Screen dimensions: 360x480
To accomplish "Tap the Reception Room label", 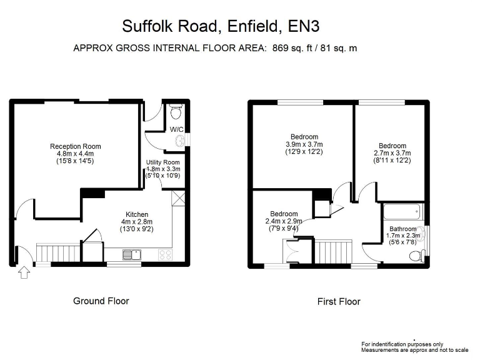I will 76,146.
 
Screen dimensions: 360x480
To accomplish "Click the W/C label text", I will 176,130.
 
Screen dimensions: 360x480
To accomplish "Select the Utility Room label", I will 163,162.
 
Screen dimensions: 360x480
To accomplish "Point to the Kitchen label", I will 136,214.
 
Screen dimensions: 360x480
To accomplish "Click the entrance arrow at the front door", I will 24,272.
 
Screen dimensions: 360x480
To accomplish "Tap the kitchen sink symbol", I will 132,254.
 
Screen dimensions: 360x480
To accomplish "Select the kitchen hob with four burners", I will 166,254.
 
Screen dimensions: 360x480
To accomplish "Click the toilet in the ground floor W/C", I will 176,112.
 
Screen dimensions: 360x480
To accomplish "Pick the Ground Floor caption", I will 101,301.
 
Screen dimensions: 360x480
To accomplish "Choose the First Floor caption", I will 339,302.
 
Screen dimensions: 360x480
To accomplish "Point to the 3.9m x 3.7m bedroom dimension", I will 304,144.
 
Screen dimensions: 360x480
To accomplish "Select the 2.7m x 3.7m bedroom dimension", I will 392,152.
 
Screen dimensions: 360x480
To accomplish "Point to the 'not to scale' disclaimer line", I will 414,350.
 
